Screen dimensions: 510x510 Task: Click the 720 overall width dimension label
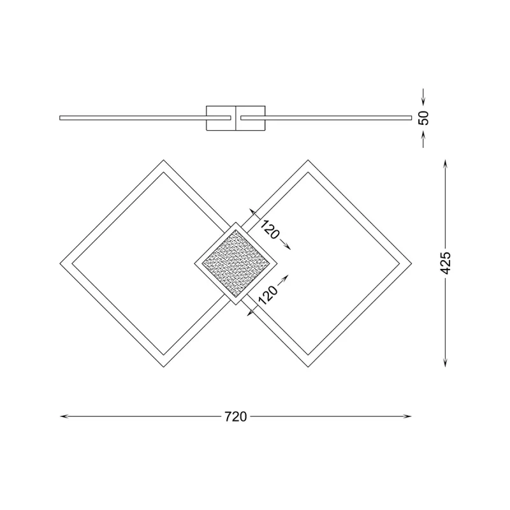235,417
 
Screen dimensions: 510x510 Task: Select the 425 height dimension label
446,263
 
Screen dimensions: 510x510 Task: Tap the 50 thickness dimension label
424,117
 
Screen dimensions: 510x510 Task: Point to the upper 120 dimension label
270,230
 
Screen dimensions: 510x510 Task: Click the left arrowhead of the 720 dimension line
62,417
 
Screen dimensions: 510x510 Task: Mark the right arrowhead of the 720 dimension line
409,417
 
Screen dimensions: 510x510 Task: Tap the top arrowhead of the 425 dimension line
446,163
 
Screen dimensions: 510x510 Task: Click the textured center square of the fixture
236,263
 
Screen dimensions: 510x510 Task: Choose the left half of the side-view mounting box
221,117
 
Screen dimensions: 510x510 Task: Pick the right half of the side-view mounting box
251,117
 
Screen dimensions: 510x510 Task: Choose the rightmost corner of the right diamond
411,263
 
